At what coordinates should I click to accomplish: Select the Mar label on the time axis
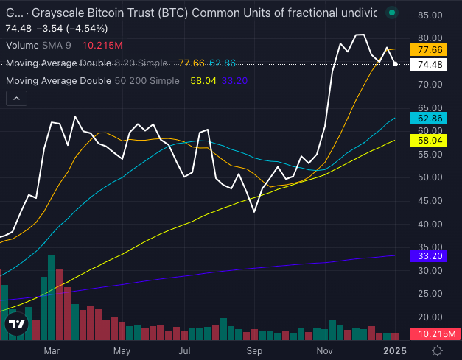(x=50, y=351)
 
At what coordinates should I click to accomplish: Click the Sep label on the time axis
(x=254, y=351)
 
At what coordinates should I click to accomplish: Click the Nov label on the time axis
(x=324, y=351)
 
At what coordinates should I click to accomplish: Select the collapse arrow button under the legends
(x=17, y=97)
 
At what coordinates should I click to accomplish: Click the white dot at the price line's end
(x=396, y=64)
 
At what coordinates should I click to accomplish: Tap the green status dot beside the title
(x=391, y=13)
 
